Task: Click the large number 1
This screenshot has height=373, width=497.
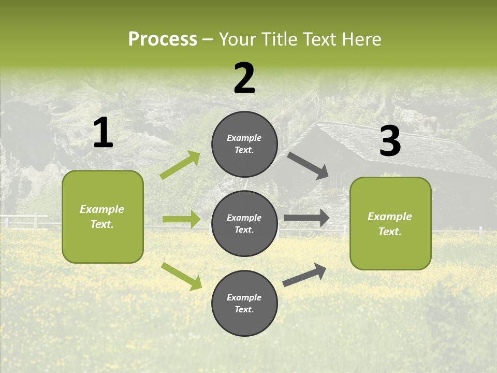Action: point(103,133)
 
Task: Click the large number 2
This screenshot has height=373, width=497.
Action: point(244,78)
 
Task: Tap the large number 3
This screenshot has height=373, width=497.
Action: point(390,141)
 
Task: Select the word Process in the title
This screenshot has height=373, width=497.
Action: point(163,39)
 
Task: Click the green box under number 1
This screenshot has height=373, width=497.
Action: point(103,217)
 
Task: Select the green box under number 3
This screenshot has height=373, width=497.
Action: point(390,223)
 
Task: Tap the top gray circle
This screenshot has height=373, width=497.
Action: point(244,144)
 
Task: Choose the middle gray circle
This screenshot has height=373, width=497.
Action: point(244,223)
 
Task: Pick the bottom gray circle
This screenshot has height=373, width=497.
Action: point(244,303)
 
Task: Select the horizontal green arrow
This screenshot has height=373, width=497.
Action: point(181,219)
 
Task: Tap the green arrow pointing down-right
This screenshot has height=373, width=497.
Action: point(181,276)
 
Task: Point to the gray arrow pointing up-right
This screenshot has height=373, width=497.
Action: point(304,275)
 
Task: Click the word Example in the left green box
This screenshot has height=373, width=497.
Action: point(102,209)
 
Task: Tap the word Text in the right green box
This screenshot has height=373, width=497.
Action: point(389,232)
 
